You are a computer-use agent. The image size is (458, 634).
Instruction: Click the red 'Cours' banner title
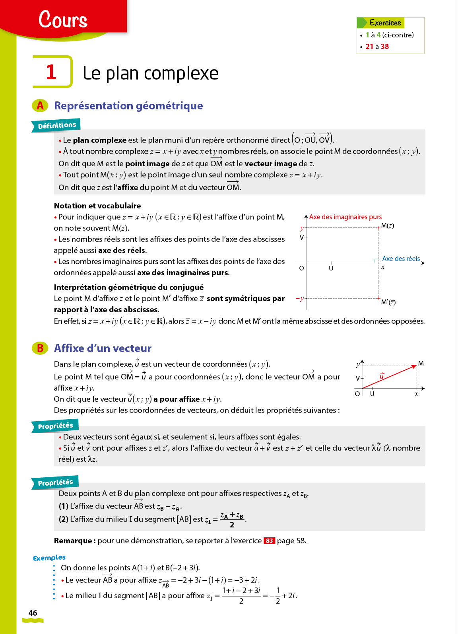click(x=63, y=19)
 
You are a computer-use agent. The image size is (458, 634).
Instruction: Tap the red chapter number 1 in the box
click(x=51, y=72)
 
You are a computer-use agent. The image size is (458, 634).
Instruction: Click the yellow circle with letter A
click(x=40, y=106)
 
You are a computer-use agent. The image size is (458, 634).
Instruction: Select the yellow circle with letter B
click(x=40, y=348)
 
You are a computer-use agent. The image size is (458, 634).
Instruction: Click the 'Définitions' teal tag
click(x=56, y=126)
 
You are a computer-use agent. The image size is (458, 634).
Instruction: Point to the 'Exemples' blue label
click(x=49, y=558)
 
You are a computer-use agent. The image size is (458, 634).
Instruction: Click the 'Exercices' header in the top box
click(x=385, y=23)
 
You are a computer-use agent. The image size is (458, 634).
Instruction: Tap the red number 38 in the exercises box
click(x=384, y=47)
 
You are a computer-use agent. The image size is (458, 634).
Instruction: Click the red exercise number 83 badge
click(x=269, y=541)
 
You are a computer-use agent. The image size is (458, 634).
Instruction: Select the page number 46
click(x=33, y=613)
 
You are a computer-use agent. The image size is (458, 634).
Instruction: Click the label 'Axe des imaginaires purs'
click(x=345, y=217)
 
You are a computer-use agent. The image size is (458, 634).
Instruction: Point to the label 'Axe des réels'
click(x=401, y=259)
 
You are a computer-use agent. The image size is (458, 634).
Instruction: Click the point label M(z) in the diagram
click(x=387, y=226)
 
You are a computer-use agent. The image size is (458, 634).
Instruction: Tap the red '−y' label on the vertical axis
click(x=300, y=298)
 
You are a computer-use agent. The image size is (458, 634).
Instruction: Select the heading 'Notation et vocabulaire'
click(x=97, y=206)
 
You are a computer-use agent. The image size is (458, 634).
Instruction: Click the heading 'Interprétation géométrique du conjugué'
click(x=128, y=287)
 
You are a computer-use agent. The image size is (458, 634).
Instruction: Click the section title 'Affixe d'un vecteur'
click(x=103, y=348)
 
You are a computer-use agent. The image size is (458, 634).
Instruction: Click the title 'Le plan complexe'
click(x=151, y=73)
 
